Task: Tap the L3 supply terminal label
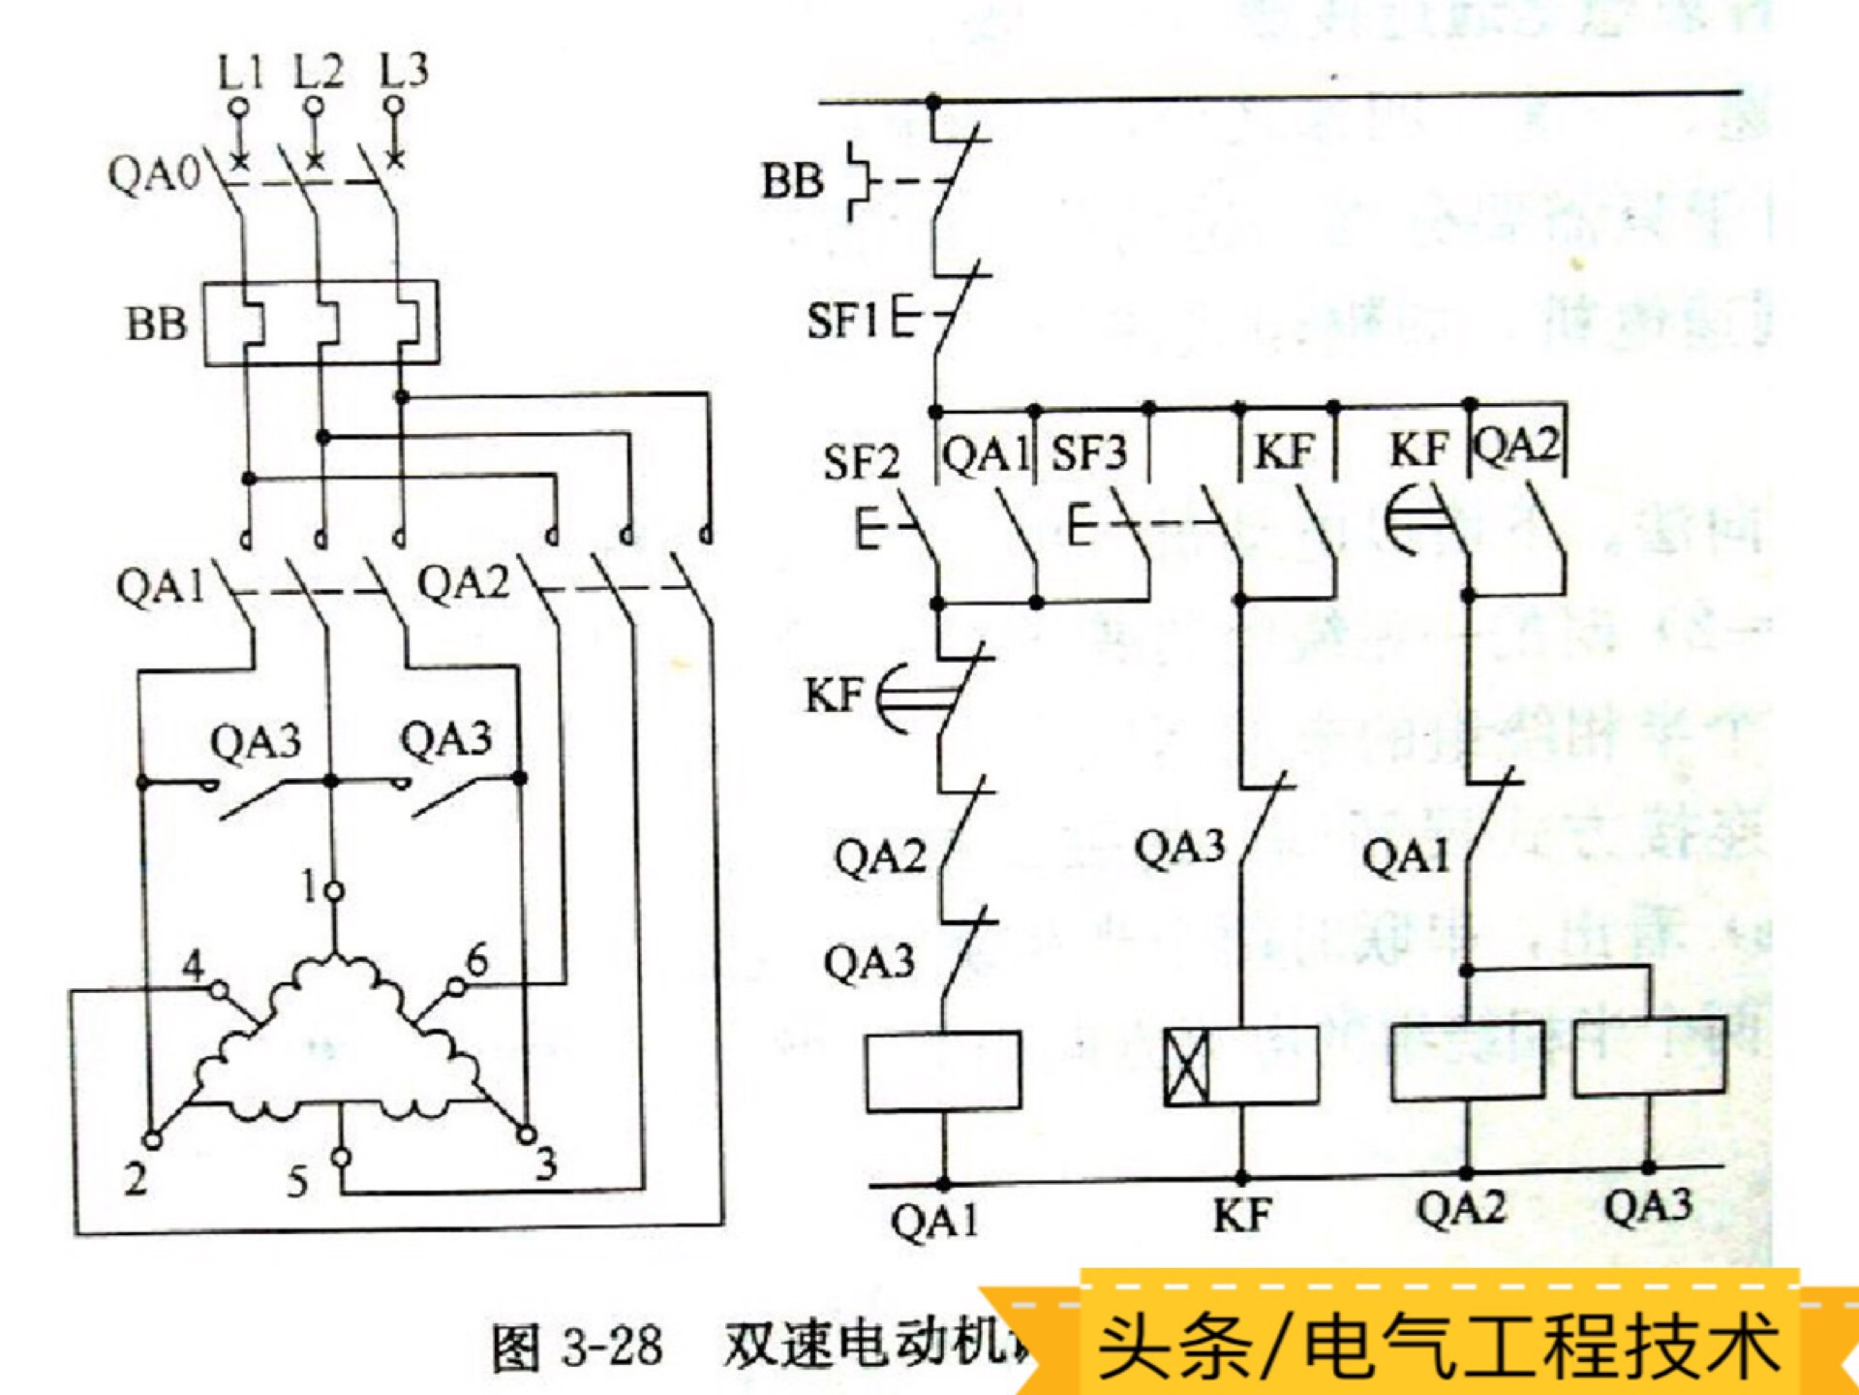pos(403,71)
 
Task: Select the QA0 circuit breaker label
pos(153,174)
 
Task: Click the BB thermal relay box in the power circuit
pos(320,323)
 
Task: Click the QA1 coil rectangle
pos(943,1070)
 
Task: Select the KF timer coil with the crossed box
pos(1240,1066)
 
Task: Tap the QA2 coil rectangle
pos(1467,1061)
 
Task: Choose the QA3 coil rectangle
pos(1649,1056)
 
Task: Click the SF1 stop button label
pos(842,320)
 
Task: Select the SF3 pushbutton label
pos(1089,453)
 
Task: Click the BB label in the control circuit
pos(792,180)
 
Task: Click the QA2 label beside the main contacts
pos(463,584)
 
